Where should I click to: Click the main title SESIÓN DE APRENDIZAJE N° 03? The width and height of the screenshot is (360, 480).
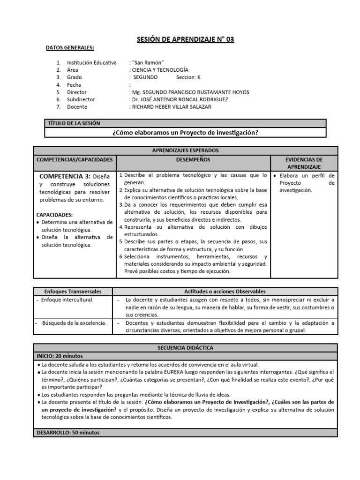[x=185, y=39]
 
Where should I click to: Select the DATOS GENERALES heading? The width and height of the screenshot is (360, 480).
[x=69, y=48]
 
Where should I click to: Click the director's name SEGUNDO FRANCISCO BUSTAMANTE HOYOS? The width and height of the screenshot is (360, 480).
[x=191, y=92]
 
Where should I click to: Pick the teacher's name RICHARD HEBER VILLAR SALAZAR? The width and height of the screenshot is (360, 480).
[x=171, y=107]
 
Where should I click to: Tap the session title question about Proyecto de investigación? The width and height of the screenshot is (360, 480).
[x=185, y=133]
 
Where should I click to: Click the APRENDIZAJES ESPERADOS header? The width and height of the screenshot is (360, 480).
[x=185, y=150]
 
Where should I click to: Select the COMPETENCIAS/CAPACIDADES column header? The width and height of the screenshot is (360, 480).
[x=74, y=160]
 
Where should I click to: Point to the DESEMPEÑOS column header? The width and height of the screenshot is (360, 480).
[x=192, y=160]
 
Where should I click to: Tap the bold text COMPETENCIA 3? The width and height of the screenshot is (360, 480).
[x=65, y=176]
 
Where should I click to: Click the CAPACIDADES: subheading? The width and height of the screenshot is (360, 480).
[x=54, y=214]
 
